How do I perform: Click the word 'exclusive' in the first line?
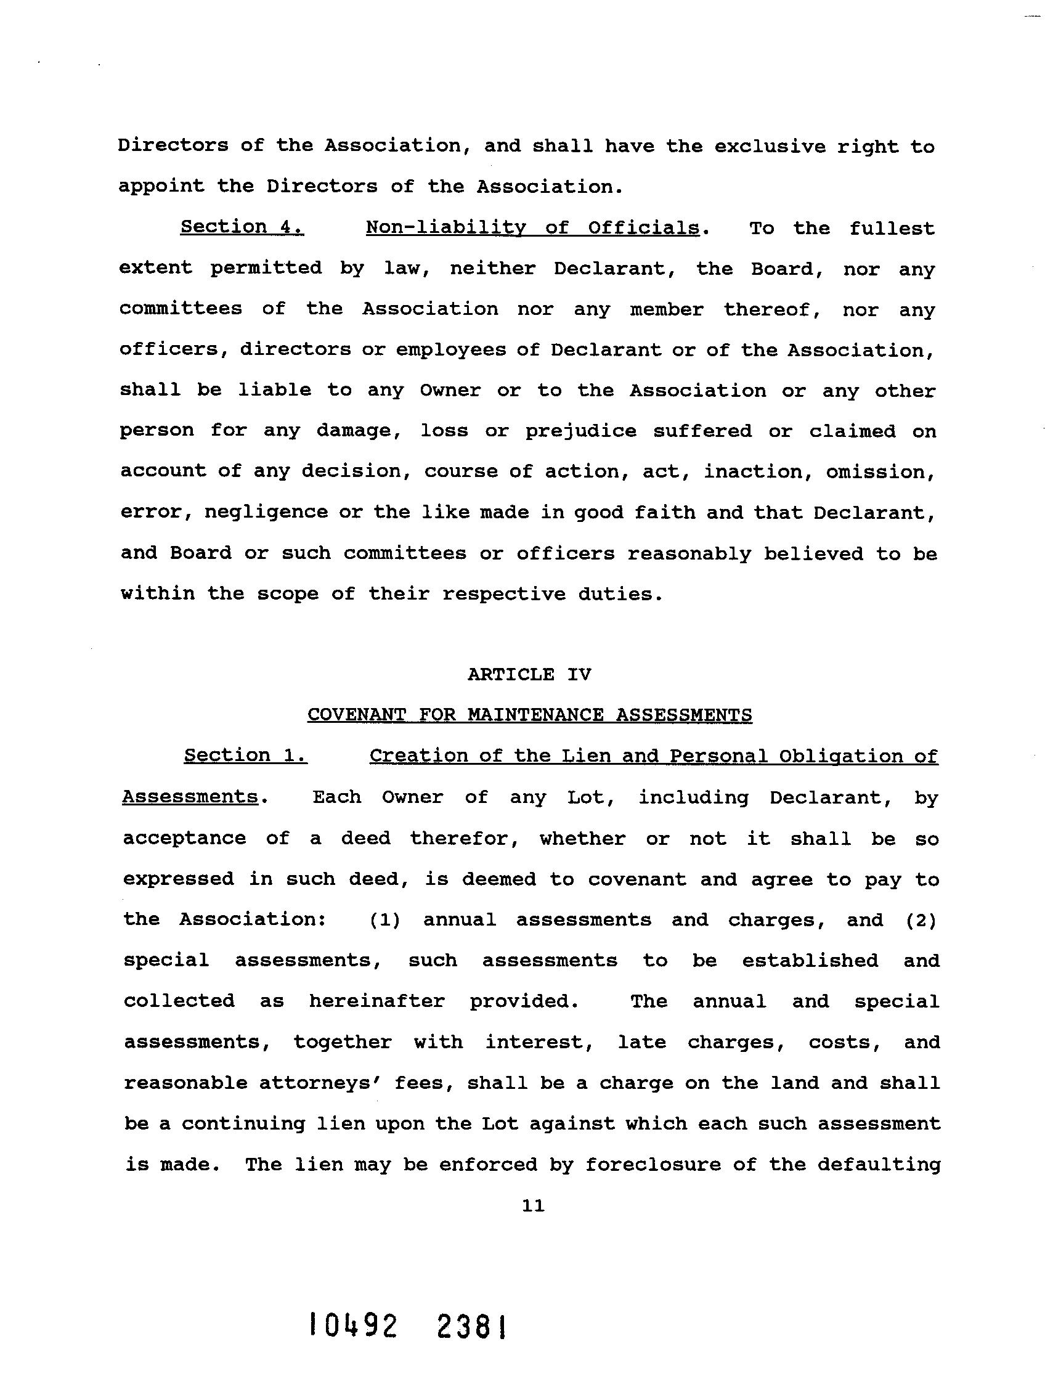768,147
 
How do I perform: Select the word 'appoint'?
161,187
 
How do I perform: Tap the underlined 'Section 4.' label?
242,227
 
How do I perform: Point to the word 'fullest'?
892,229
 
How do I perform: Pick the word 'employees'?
450,349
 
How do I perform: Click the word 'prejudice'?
580,431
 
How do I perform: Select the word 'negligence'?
266,512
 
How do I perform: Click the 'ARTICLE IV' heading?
529,674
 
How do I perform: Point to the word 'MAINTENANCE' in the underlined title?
535,714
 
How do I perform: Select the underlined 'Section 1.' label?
245,756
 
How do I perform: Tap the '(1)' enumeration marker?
384,920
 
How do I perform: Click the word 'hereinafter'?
376,1001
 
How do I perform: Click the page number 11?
533,1206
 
